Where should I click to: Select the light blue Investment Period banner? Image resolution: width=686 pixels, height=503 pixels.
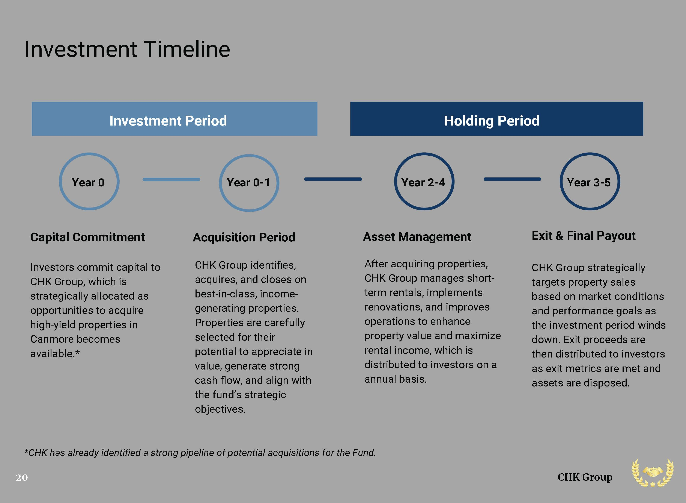174,119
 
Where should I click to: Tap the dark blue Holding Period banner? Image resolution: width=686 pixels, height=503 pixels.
496,119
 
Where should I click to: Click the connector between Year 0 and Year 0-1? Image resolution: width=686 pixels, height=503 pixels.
171,179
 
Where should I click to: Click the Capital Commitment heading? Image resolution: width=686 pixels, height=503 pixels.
88,237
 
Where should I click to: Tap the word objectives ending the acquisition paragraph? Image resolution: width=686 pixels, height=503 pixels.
220,409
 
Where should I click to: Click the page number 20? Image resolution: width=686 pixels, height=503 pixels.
22,477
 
